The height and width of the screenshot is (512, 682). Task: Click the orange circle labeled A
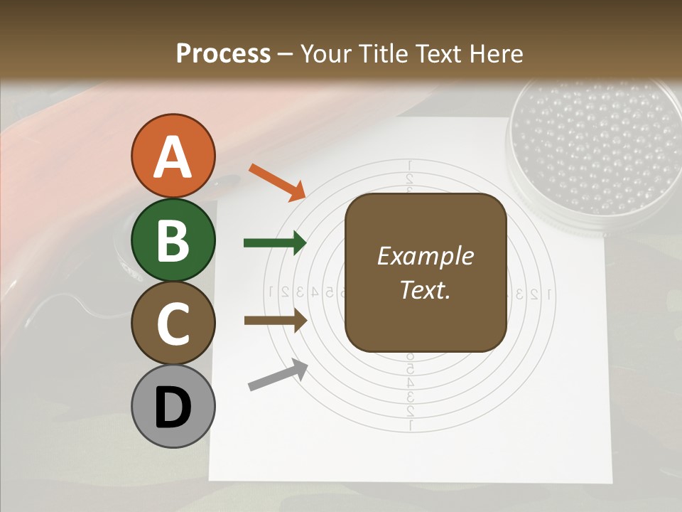(x=173, y=156)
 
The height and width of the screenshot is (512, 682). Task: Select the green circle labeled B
(x=173, y=240)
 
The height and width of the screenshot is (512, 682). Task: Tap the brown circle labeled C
(x=173, y=324)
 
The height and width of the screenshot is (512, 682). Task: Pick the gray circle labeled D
(x=173, y=407)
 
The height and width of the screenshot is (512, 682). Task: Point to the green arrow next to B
(x=275, y=242)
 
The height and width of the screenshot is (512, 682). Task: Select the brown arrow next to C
(x=275, y=321)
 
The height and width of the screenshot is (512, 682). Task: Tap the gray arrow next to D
(x=278, y=375)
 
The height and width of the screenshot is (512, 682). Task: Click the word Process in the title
(x=223, y=53)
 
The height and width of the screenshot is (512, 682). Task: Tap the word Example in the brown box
(x=425, y=256)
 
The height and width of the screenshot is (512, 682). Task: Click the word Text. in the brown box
(x=425, y=289)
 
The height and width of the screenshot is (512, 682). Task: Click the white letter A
(x=173, y=156)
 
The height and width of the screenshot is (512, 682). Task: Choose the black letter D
(x=173, y=407)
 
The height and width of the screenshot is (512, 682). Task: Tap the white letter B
(x=173, y=241)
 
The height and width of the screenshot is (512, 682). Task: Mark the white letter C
(x=173, y=324)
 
